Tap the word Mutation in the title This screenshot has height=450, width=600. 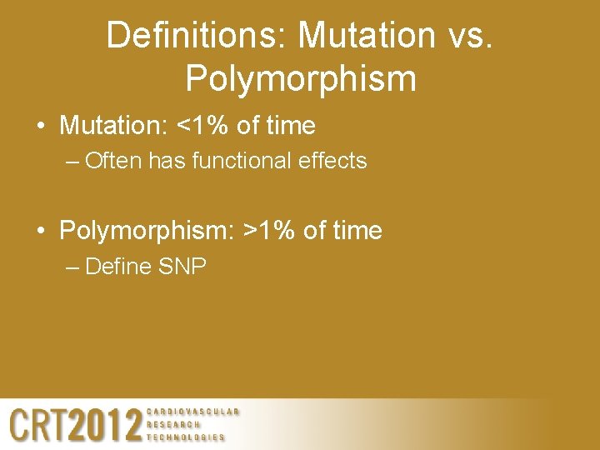pos(366,35)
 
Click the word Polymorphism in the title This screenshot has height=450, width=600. pos(301,78)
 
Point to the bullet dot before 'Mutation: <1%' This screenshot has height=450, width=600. pos(41,127)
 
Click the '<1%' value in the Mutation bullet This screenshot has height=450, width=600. pos(199,126)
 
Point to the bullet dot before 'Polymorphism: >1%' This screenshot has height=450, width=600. pos(41,232)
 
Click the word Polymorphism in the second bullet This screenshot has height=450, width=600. pos(147,231)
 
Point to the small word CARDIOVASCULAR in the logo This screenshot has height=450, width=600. pos(193,412)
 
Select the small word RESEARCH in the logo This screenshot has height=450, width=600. pos(173,424)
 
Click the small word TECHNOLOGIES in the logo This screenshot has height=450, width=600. pos(186,437)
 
